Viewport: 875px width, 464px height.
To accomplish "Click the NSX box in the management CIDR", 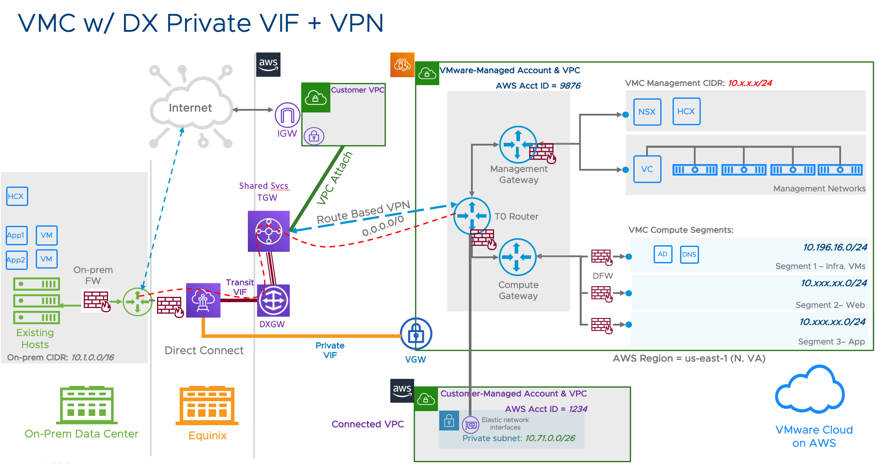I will pyautogui.click(x=647, y=112).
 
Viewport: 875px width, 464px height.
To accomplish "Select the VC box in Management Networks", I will pyautogui.click(x=647, y=169).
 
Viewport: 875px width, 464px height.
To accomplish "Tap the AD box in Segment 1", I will pyautogui.click(x=662, y=254).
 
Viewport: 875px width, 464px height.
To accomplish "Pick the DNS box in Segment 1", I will pyautogui.click(x=689, y=254).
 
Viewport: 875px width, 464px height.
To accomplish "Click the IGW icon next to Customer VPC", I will pyautogui.click(x=287, y=116).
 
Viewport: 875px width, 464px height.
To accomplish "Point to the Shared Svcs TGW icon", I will pyautogui.click(x=269, y=231).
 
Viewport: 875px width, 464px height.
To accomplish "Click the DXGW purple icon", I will pyautogui.click(x=273, y=301).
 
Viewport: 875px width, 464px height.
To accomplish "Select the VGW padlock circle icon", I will pyautogui.click(x=415, y=334).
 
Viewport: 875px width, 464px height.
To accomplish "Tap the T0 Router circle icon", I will pyautogui.click(x=472, y=216).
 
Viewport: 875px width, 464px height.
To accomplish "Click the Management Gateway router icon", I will pyautogui.click(x=518, y=144).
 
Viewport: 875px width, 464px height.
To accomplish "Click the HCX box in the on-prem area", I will pyautogui.click(x=17, y=196).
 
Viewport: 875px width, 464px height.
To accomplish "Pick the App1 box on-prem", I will pyautogui.click(x=16, y=236).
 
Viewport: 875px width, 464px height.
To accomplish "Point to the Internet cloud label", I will pyautogui.click(x=190, y=108).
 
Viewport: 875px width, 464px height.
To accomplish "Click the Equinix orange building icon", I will pyautogui.click(x=207, y=405).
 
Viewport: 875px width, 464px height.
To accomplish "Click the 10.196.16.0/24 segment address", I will pyautogui.click(x=835, y=247).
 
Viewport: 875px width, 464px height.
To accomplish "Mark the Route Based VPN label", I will pyautogui.click(x=363, y=212).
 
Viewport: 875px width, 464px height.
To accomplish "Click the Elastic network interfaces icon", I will pyautogui.click(x=471, y=425).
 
